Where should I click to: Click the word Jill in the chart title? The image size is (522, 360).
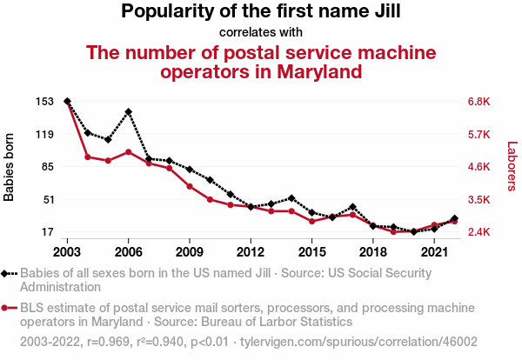click(x=380, y=12)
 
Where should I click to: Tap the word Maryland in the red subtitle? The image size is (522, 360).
click(x=314, y=71)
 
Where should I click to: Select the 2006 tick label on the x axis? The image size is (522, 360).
click(x=128, y=252)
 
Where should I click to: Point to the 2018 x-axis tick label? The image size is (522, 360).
click(x=373, y=252)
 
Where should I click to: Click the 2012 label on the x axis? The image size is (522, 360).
click(x=251, y=252)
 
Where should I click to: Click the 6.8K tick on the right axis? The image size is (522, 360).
click(x=479, y=102)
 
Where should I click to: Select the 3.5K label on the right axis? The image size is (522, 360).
click(x=479, y=199)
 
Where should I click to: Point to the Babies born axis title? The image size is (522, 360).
click(x=10, y=167)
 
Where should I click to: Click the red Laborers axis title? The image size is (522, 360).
click(x=512, y=167)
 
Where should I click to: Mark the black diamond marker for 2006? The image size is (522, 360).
click(x=128, y=111)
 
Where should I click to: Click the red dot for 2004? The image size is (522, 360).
click(x=88, y=157)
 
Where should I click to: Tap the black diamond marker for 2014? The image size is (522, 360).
click(x=291, y=198)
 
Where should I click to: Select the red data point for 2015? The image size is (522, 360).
click(x=312, y=221)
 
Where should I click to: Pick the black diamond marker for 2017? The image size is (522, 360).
click(x=352, y=207)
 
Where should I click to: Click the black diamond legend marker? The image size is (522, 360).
click(x=8, y=273)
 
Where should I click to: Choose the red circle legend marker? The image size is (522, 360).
click(x=8, y=308)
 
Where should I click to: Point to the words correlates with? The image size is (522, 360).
click(x=260, y=33)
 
